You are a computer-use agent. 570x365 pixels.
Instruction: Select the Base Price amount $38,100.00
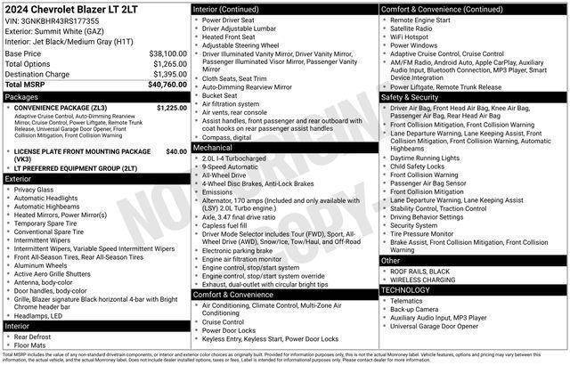167,53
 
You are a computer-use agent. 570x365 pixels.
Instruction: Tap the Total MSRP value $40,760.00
167,85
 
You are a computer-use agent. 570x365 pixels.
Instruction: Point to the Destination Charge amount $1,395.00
169,74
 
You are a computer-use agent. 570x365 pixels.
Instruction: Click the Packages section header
21,96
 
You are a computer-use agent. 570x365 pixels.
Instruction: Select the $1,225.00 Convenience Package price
171,107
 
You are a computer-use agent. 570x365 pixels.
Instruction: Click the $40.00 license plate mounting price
176,151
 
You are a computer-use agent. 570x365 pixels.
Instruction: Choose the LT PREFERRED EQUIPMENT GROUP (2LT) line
76,167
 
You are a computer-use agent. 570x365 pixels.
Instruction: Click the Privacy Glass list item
34,190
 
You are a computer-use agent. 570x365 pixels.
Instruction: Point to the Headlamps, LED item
38,316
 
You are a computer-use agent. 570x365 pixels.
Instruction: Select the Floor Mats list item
31,346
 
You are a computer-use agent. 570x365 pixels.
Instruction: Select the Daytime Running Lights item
425,158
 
